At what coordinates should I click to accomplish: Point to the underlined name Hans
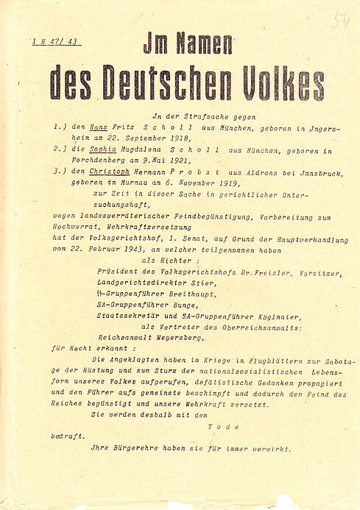[x=91, y=127]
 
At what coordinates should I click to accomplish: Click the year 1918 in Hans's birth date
[x=176, y=138]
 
